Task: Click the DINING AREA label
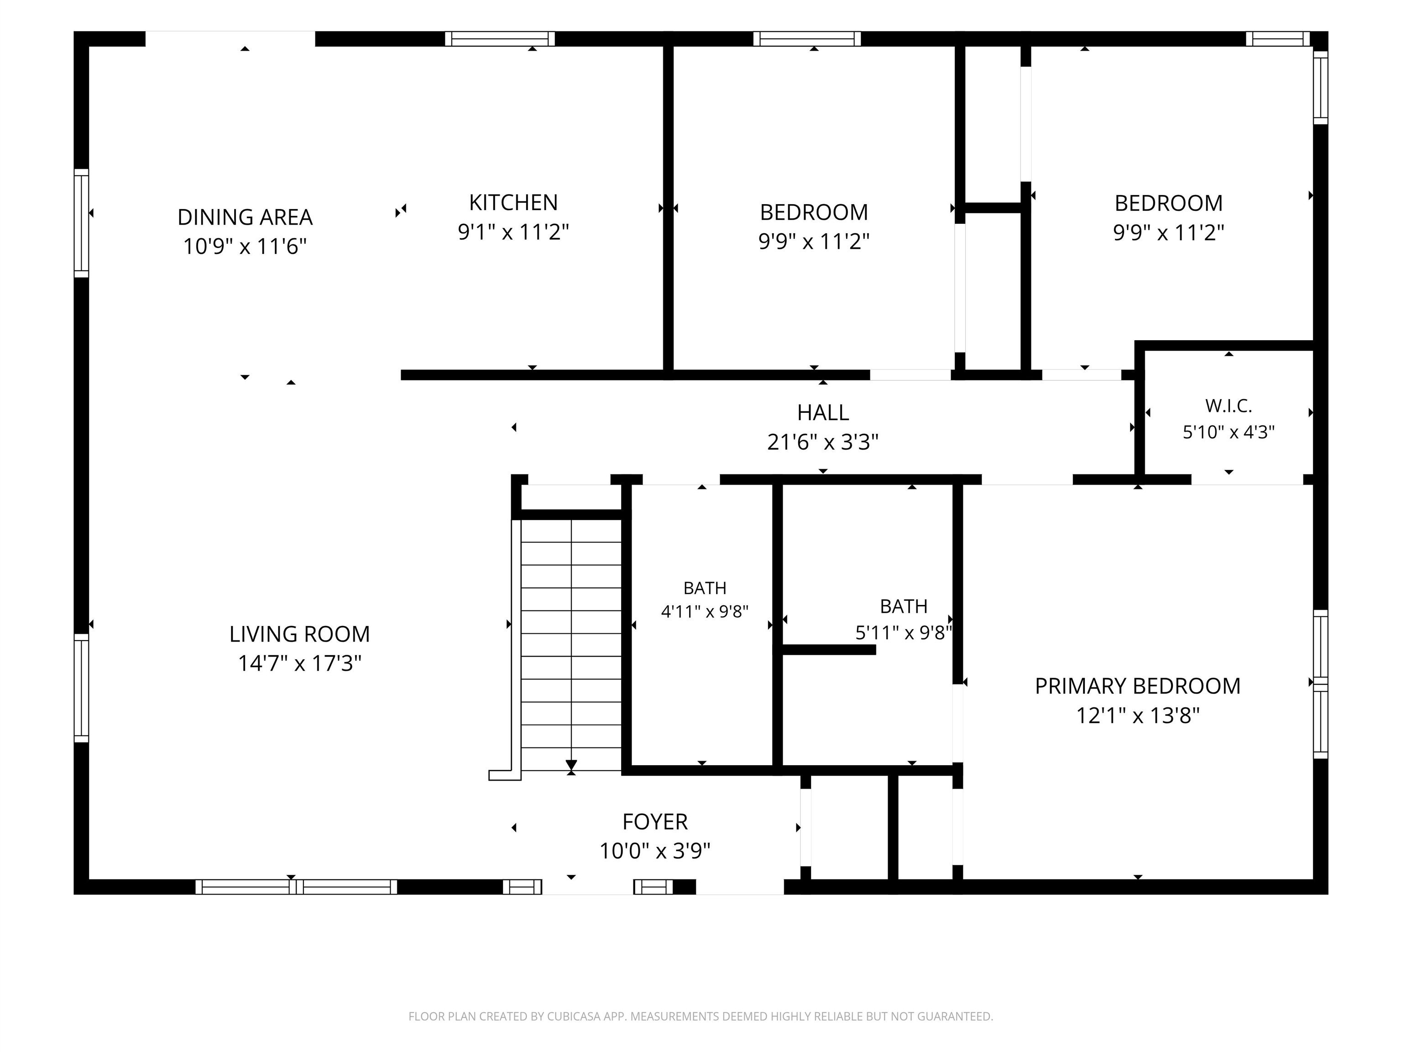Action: pyautogui.click(x=245, y=217)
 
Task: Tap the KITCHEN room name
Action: pyautogui.click(x=513, y=203)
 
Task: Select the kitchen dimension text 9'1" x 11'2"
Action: pyautogui.click(x=513, y=232)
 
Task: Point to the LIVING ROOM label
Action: pyautogui.click(x=299, y=634)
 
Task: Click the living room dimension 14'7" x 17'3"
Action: pyautogui.click(x=299, y=663)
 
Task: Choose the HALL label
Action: pyautogui.click(x=823, y=413)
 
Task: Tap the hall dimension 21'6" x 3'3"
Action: pyautogui.click(x=823, y=442)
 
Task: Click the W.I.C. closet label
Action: pyautogui.click(x=1228, y=406)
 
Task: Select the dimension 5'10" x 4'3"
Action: pyautogui.click(x=1228, y=432)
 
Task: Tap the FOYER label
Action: pyautogui.click(x=655, y=822)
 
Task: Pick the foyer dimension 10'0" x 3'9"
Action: pyautogui.click(x=655, y=851)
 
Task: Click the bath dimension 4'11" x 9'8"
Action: pyautogui.click(x=705, y=612)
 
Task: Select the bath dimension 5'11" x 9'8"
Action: pyautogui.click(x=904, y=633)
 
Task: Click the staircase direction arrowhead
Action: pyautogui.click(x=571, y=765)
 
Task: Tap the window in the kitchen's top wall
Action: pyautogui.click(x=499, y=39)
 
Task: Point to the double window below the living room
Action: pyautogui.click(x=296, y=887)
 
